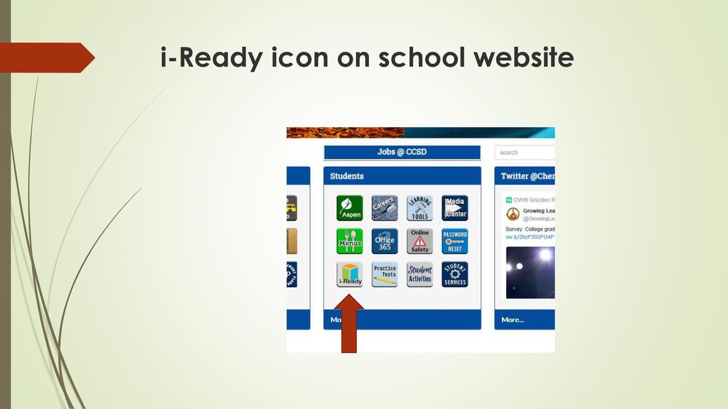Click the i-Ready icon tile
click(x=349, y=274)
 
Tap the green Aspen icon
click(x=349, y=207)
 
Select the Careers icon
click(x=385, y=207)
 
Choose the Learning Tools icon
click(x=419, y=207)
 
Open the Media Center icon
click(x=455, y=207)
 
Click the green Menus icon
click(x=349, y=241)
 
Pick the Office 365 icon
click(x=385, y=241)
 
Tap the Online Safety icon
click(x=419, y=241)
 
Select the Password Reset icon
click(x=455, y=241)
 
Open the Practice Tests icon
click(x=385, y=274)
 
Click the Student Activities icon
click(x=419, y=274)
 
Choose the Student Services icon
click(x=455, y=274)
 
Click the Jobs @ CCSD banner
click(x=402, y=152)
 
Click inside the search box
click(x=525, y=153)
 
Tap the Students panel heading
click(x=347, y=175)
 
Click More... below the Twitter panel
click(x=513, y=320)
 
